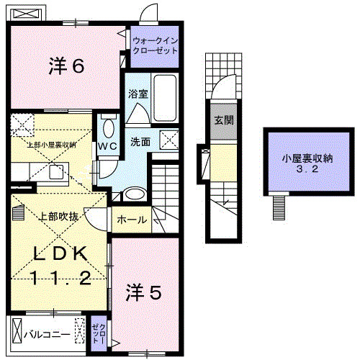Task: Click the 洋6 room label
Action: click(x=67, y=66)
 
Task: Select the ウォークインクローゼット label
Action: click(x=153, y=47)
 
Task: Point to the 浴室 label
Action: click(x=138, y=94)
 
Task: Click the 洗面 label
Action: click(x=140, y=142)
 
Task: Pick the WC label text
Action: click(x=107, y=145)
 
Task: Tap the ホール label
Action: click(x=132, y=220)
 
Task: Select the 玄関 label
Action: click(x=223, y=120)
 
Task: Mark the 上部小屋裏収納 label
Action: click(x=51, y=145)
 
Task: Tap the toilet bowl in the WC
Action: click(x=109, y=129)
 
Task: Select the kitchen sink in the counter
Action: click(x=54, y=171)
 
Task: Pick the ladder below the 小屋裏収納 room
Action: click(x=279, y=209)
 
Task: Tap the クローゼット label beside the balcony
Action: click(x=98, y=333)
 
